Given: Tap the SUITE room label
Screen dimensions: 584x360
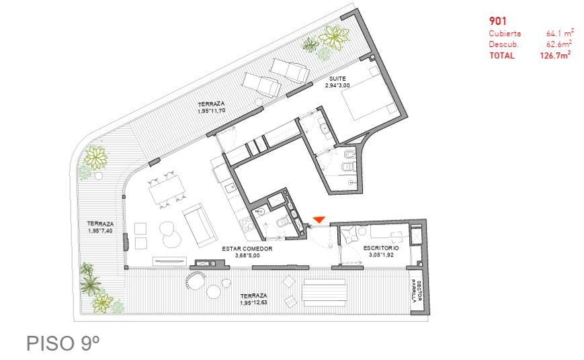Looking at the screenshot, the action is tap(337, 79).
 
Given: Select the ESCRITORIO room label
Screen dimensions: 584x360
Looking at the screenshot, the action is tap(381, 248).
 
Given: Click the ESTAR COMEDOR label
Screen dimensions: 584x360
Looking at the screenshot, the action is tap(247, 249).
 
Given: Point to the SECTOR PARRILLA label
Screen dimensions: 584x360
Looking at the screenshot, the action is tap(416, 291).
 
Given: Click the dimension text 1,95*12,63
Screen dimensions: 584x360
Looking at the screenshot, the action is tap(253, 303).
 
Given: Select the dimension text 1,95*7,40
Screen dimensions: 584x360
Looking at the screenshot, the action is tap(100, 231).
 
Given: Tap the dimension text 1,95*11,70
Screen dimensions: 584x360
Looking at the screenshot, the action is tap(212, 111).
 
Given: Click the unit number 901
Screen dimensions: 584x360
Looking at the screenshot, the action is tap(497, 21).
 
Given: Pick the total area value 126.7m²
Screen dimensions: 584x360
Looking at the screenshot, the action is tap(555, 56).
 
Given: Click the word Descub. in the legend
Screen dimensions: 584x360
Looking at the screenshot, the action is tap(503, 44).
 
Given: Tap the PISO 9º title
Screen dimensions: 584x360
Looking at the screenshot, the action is tap(63, 343).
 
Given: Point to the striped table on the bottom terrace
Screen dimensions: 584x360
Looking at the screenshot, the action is tap(325, 293).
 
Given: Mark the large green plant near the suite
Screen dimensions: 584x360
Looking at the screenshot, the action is tap(335, 37).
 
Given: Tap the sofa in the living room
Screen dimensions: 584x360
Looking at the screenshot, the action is tap(200, 225).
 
